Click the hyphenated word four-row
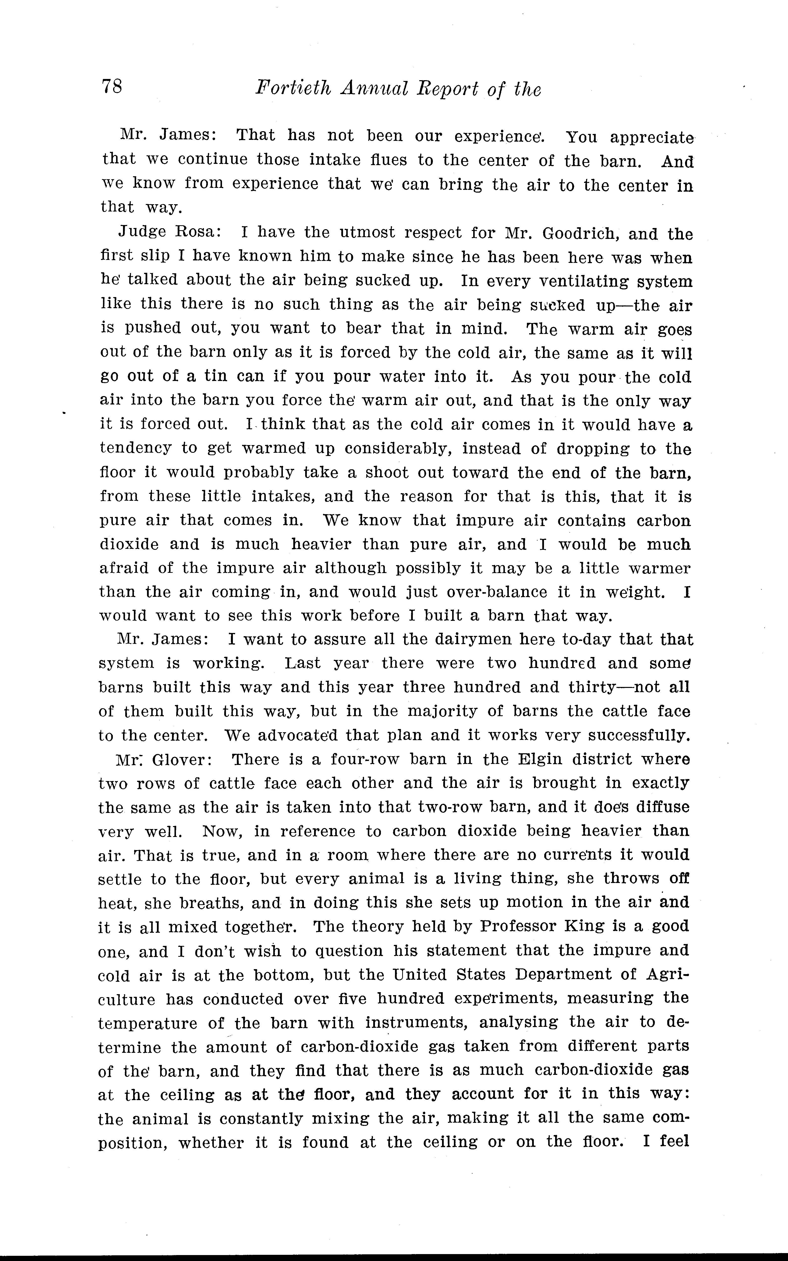pos(365,760)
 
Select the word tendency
pos(136,449)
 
